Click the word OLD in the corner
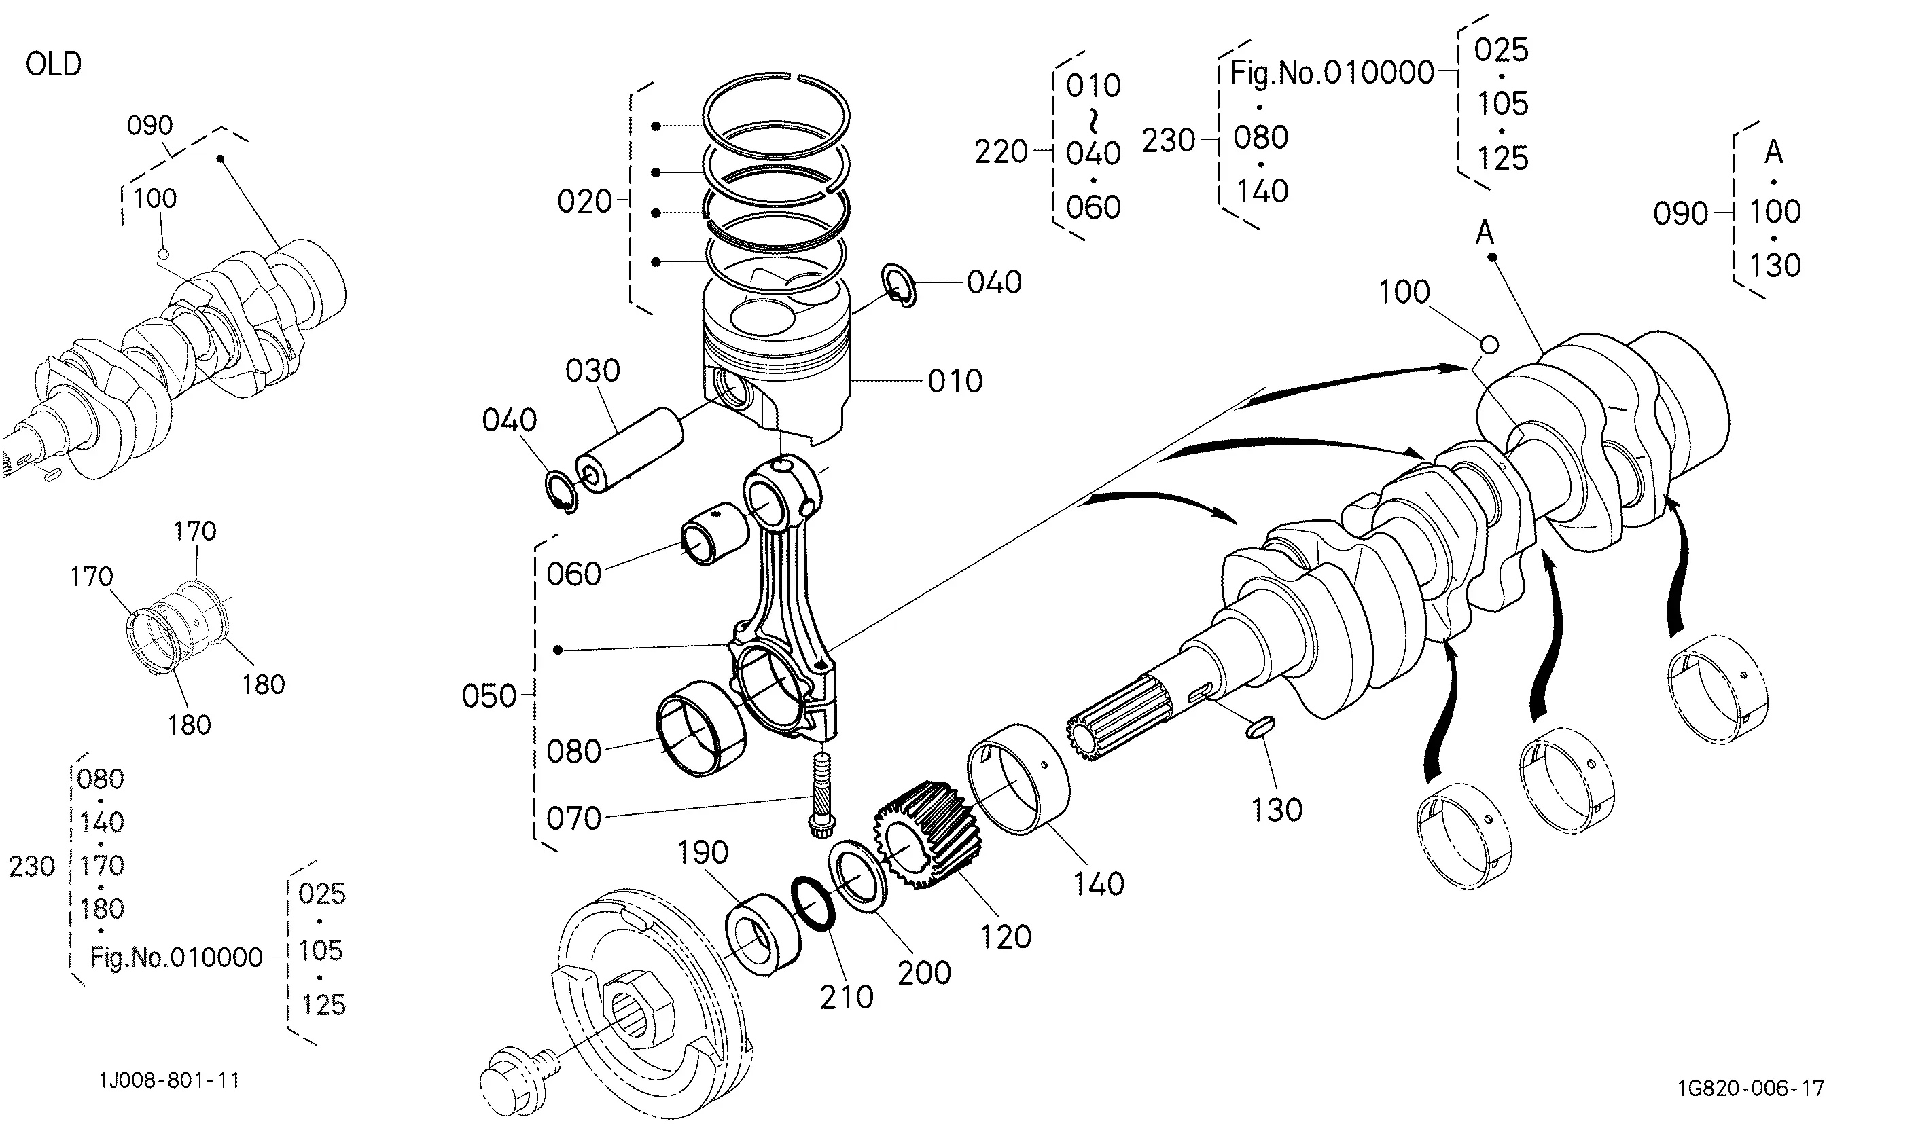(54, 65)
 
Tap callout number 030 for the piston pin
(592, 371)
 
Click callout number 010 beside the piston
(955, 382)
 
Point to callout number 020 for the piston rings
(585, 202)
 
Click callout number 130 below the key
(1277, 810)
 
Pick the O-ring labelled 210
(811, 903)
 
